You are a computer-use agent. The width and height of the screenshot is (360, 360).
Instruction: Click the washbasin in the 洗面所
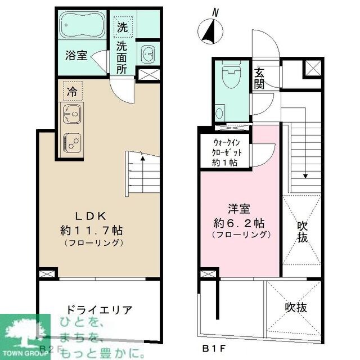click(x=148, y=54)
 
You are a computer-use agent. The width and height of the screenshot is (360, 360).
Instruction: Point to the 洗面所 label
click(x=122, y=58)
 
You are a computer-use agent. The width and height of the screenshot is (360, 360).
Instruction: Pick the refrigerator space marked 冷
click(x=71, y=90)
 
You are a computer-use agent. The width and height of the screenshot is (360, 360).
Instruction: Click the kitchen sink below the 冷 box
click(x=71, y=114)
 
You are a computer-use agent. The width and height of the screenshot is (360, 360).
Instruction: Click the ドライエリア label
click(x=100, y=309)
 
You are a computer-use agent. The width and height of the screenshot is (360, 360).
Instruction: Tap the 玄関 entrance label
click(x=259, y=78)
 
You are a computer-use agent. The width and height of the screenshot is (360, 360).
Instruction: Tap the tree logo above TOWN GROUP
click(x=20, y=331)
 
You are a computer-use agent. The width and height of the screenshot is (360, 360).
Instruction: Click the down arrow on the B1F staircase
click(x=304, y=175)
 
